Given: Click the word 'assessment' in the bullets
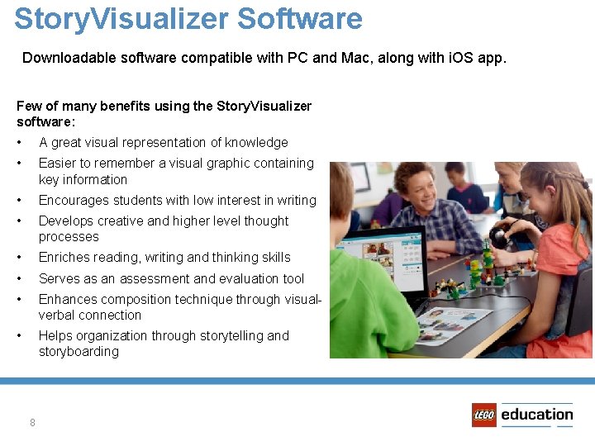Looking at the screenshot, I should coord(153,278).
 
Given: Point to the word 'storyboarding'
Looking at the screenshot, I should coord(79,351).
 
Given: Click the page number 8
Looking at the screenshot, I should coord(32,423).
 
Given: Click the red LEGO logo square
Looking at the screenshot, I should coord(484,415).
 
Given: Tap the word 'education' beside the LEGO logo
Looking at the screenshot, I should coord(536,415).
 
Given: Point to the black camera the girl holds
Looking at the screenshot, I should coord(499,238).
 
